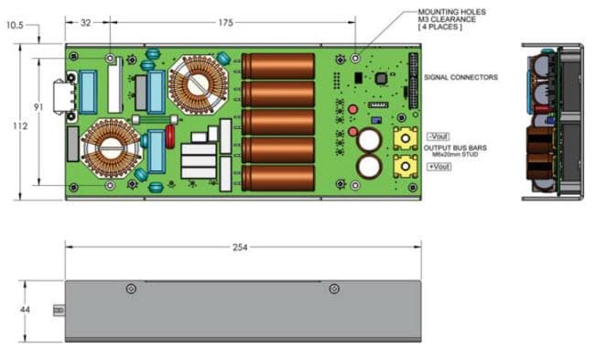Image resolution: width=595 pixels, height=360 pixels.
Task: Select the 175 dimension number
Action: (225, 24)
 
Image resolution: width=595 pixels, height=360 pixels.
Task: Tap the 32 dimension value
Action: (86, 24)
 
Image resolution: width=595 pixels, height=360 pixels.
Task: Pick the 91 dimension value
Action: (38, 108)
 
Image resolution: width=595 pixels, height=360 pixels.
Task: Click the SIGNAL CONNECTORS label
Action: (463, 78)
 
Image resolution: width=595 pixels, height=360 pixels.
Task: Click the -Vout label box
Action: (438, 135)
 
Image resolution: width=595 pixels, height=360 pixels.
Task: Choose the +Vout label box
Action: (438, 169)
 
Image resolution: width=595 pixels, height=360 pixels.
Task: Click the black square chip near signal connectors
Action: (378, 80)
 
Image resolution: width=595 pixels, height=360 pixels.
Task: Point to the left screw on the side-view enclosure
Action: (131, 289)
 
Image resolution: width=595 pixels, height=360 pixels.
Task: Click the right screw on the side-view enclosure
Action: (334, 289)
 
